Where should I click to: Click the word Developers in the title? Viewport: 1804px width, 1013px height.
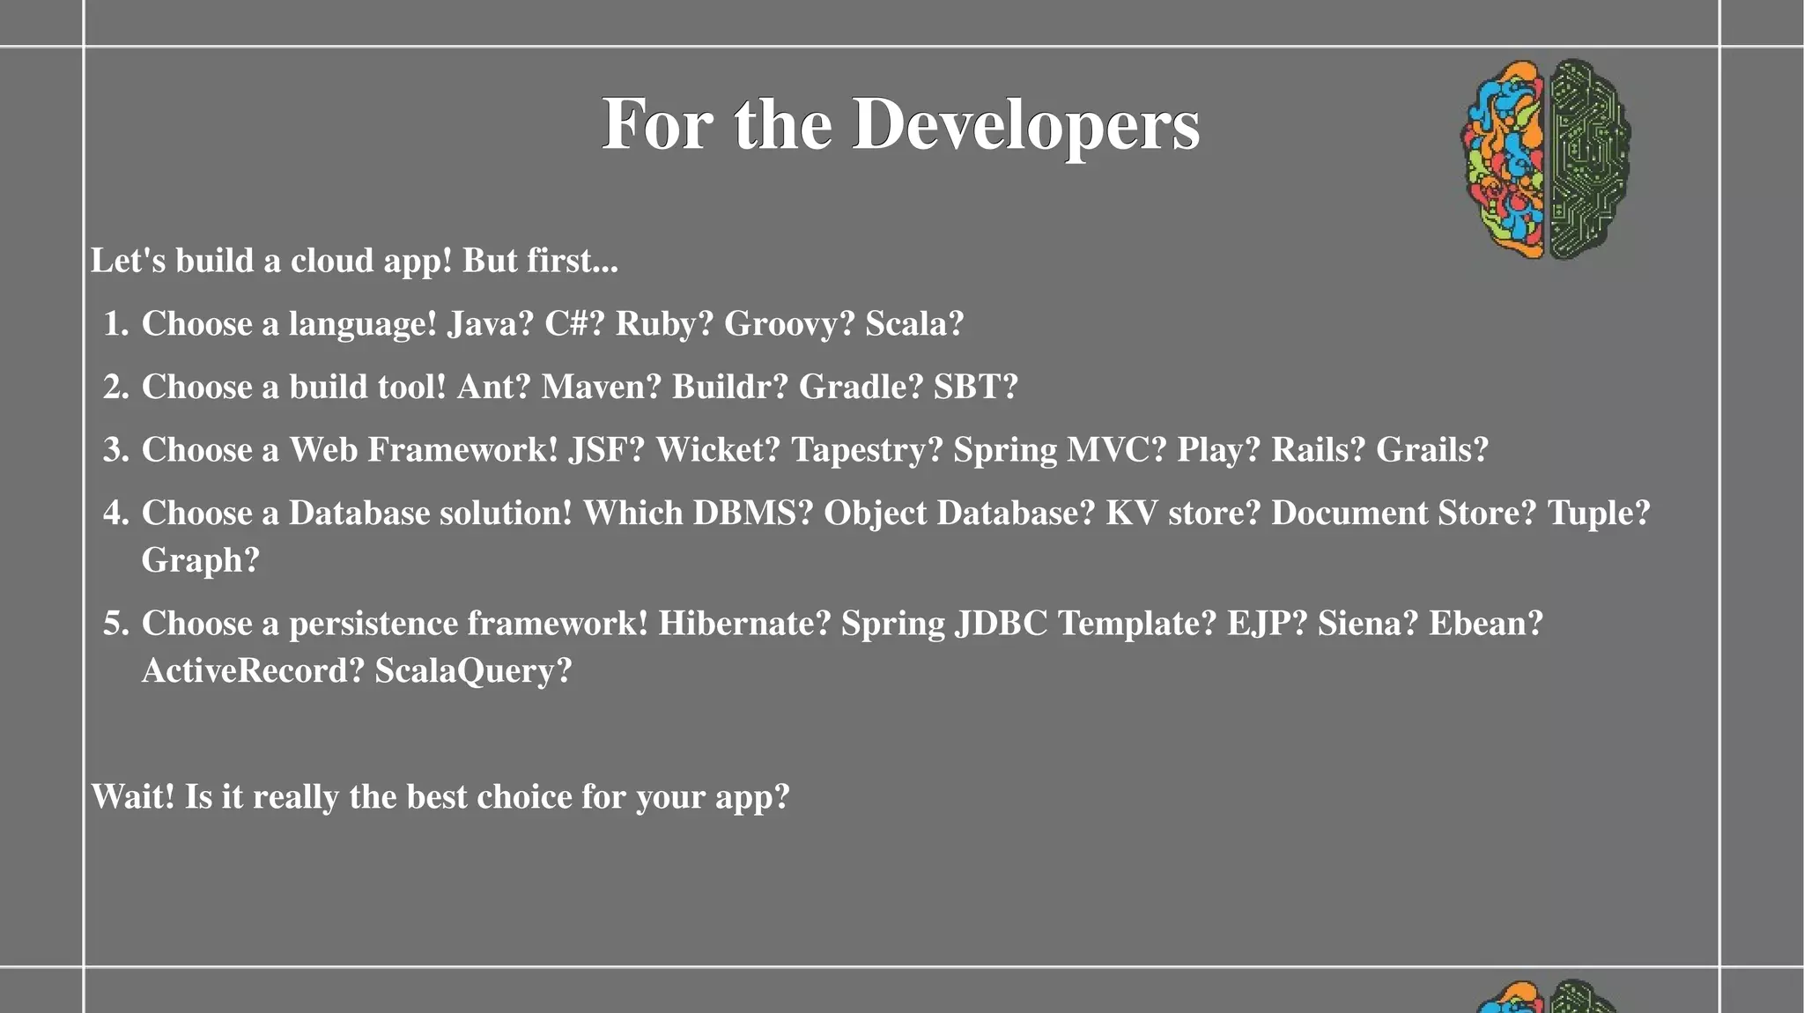coord(1025,125)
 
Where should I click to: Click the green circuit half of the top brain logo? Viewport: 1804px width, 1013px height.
coord(1586,159)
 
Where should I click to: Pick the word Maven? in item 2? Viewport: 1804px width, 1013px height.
coord(601,388)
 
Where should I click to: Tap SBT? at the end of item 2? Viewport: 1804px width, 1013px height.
coord(975,388)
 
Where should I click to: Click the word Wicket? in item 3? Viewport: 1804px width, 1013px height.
coord(718,450)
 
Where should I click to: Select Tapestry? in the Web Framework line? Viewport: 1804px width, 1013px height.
coord(867,450)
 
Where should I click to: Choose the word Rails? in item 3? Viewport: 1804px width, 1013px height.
coord(1317,450)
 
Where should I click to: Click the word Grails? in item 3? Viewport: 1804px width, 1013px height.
coord(1431,450)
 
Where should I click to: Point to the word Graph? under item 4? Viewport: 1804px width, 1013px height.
coord(201,561)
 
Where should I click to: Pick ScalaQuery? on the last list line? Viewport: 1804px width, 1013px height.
coord(473,671)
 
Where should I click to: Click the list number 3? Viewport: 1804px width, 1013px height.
coord(115,450)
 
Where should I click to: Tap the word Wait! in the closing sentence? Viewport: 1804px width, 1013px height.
coord(133,797)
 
